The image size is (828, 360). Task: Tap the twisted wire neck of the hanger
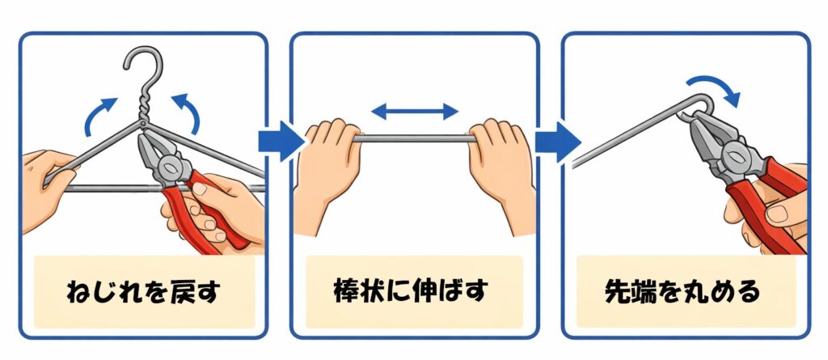point(144,108)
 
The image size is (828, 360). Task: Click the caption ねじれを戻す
point(143,292)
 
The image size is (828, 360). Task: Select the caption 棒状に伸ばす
point(415,291)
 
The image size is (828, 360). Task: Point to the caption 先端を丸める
point(684,292)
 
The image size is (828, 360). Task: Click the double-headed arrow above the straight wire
point(415,112)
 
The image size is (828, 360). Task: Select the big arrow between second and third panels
point(558,141)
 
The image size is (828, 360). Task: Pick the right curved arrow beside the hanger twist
point(191,112)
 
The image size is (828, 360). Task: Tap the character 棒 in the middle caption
point(347,291)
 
